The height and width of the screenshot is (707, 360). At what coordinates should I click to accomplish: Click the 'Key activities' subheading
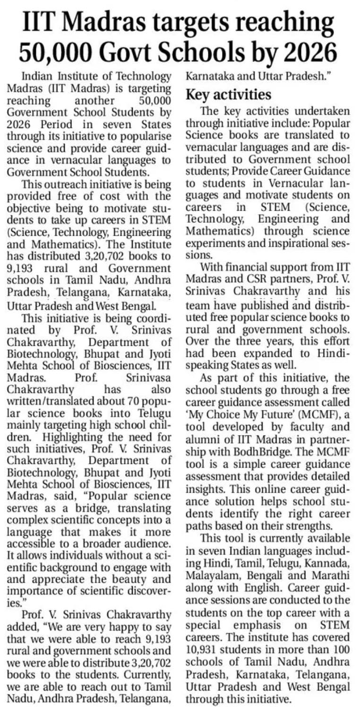click(229, 94)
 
